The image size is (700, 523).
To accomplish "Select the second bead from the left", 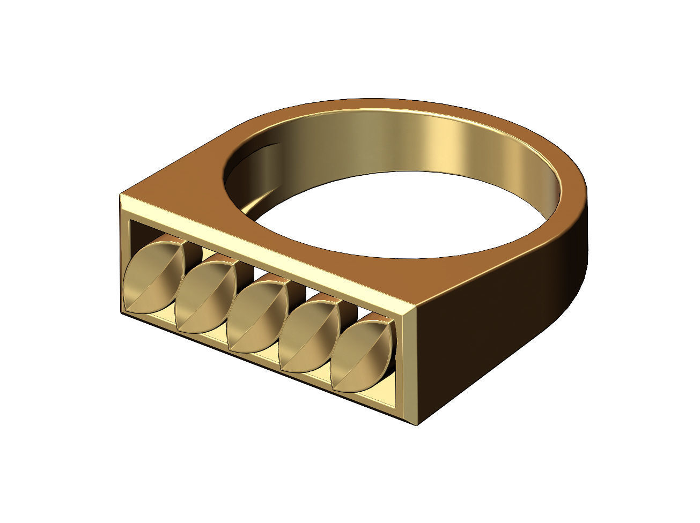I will [x=205, y=295].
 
